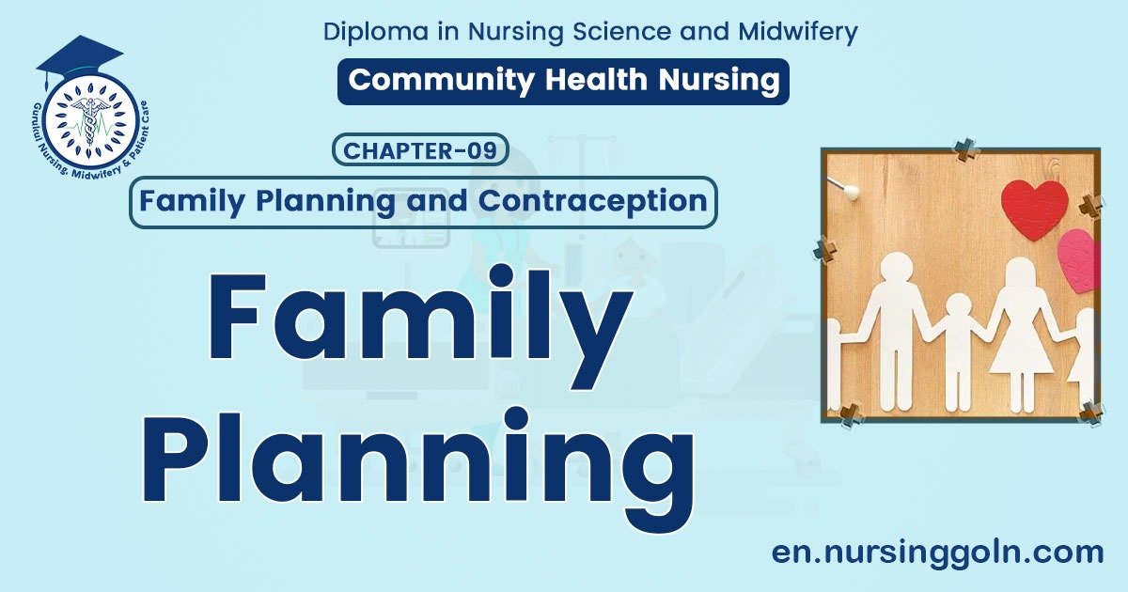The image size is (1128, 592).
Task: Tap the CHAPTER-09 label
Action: tap(420, 150)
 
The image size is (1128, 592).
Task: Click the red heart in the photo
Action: tap(1034, 209)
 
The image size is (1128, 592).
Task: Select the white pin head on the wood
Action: tap(851, 192)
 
